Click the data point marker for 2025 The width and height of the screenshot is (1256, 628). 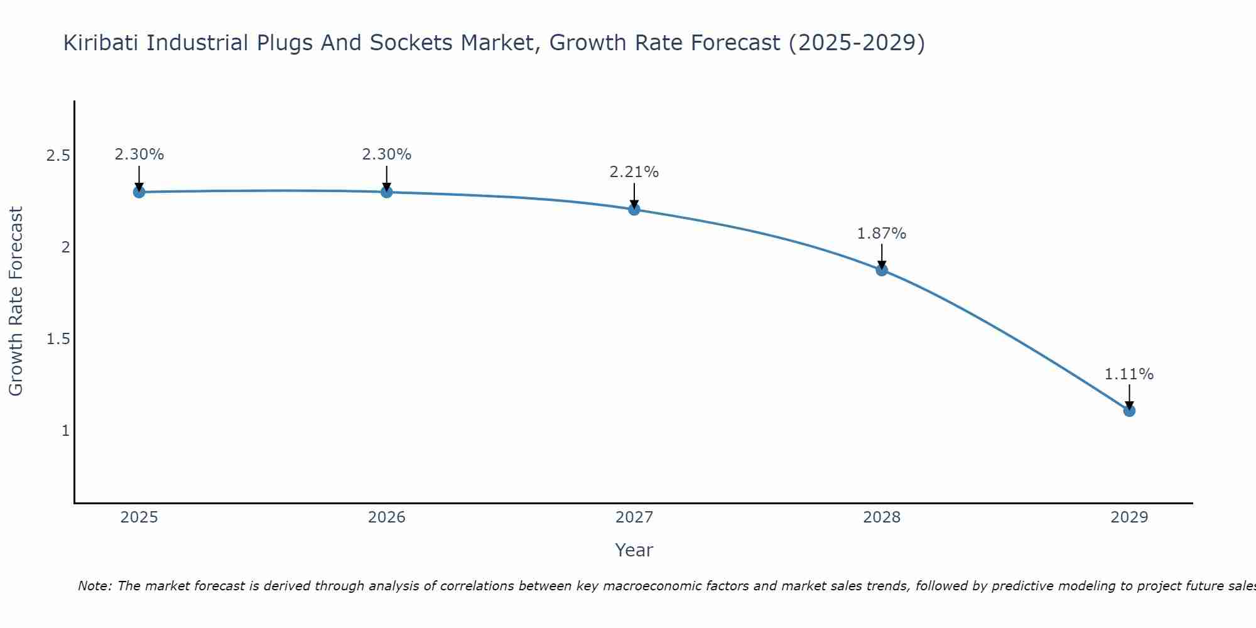pyautogui.click(x=139, y=192)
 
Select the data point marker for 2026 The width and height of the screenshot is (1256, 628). pyautogui.click(x=387, y=192)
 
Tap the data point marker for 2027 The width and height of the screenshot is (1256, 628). pyautogui.click(x=634, y=209)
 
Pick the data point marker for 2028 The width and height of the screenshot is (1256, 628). pyautogui.click(x=882, y=270)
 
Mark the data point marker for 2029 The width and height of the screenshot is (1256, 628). pyautogui.click(x=1129, y=411)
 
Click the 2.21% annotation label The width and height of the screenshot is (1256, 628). pyautogui.click(x=634, y=172)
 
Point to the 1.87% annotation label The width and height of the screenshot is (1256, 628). pyautogui.click(x=882, y=234)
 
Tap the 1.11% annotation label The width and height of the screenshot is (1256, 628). pyautogui.click(x=1129, y=374)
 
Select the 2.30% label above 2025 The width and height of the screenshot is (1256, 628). pyautogui.click(x=139, y=154)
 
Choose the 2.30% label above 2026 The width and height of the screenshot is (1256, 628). pyautogui.click(x=387, y=154)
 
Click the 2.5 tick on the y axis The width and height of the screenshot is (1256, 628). pyautogui.click(x=58, y=156)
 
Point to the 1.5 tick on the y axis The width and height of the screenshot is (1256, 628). pyautogui.click(x=58, y=339)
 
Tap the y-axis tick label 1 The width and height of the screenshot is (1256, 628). pyautogui.click(x=65, y=431)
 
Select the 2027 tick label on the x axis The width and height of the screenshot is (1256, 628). pyautogui.click(x=634, y=517)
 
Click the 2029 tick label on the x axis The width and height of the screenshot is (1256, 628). pyautogui.click(x=1129, y=517)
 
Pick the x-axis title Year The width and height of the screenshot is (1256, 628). pyautogui.click(x=634, y=550)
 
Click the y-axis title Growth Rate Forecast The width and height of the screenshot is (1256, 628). pyautogui.click(x=16, y=301)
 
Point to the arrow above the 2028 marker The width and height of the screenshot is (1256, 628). pyautogui.click(x=882, y=256)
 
